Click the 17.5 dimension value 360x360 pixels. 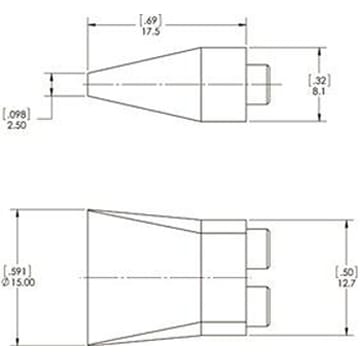151,31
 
